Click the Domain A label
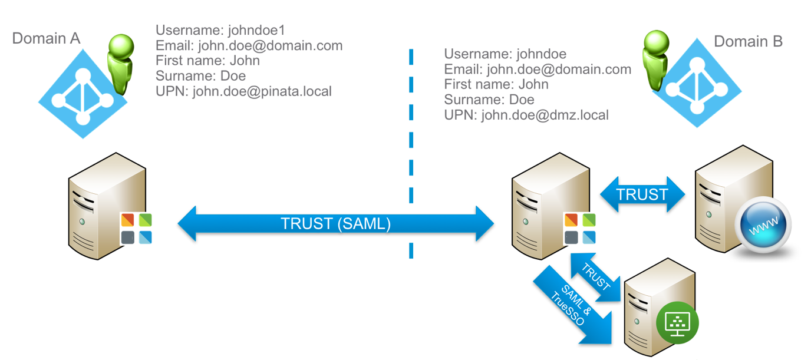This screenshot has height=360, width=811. click(46, 39)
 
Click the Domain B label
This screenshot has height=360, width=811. click(748, 41)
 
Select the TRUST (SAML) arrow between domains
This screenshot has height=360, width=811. click(335, 224)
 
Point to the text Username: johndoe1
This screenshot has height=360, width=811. click(220, 30)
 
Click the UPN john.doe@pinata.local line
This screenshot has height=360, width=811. click(243, 91)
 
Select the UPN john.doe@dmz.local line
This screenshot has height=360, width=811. click(526, 115)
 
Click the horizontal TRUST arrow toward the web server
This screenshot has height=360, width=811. click(642, 194)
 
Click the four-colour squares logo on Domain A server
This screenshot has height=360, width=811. click(136, 228)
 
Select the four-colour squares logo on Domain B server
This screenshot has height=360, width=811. click(580, 228)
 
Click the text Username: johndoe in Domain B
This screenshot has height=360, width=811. click(505, 54)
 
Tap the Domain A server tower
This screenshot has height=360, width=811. click(97, 206)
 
